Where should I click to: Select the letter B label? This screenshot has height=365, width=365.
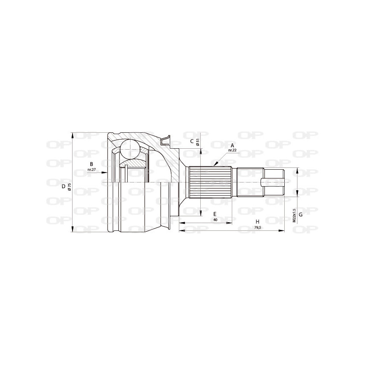click(x=91, y=164)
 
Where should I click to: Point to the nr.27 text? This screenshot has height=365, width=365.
click(x=91, y=170)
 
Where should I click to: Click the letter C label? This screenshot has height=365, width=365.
click(x=192, y=141)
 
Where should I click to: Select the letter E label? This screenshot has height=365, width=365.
click(x=215, y=214)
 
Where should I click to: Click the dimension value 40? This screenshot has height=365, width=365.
click(x=215, y=219)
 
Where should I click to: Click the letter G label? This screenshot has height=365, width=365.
click(x=301, y=214)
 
